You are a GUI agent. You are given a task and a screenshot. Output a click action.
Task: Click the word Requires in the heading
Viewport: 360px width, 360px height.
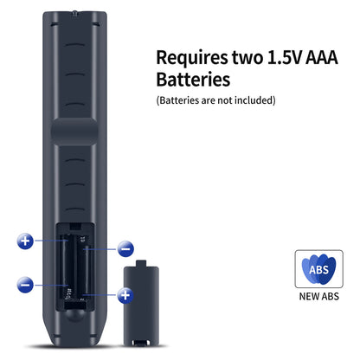[x=192, y=59]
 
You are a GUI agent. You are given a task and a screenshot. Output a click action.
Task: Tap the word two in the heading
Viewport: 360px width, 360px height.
[x=247, y=57]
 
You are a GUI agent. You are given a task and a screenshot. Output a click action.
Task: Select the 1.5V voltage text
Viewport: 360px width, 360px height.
[x=285, y=57]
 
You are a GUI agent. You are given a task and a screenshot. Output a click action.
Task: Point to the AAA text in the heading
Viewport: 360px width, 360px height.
[x=321, y=57]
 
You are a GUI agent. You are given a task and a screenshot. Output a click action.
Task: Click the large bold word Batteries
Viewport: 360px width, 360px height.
[x=193, y=80]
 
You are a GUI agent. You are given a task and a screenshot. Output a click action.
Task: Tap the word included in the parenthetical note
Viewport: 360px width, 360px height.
[x=253, y=100]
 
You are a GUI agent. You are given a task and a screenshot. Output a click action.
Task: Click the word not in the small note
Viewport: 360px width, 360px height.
[x=225, y=100]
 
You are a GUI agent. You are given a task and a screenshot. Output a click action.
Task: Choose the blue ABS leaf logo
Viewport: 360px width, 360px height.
[x=318, y=268]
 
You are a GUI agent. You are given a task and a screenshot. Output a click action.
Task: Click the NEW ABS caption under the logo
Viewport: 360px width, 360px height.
[x=318, y=297]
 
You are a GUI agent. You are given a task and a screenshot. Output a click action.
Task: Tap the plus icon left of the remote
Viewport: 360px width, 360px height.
[x=25, y=241]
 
